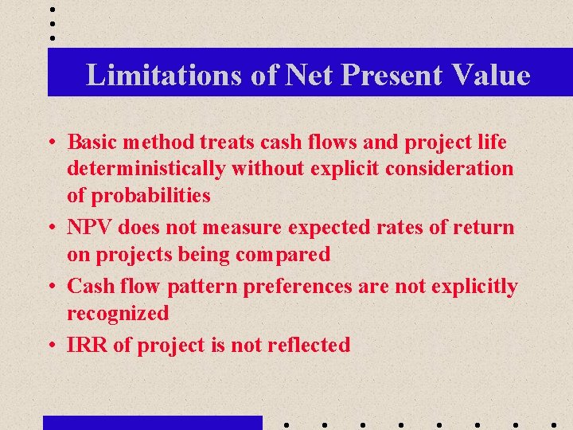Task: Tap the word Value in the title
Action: pos(489,75)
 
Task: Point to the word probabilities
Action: pos(150,195)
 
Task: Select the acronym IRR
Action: pos(84,346)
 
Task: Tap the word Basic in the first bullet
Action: pos(92,143)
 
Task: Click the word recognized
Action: pos(118,314)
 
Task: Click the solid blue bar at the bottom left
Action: pos(152,423)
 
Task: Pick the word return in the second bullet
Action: pos(485,228)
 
